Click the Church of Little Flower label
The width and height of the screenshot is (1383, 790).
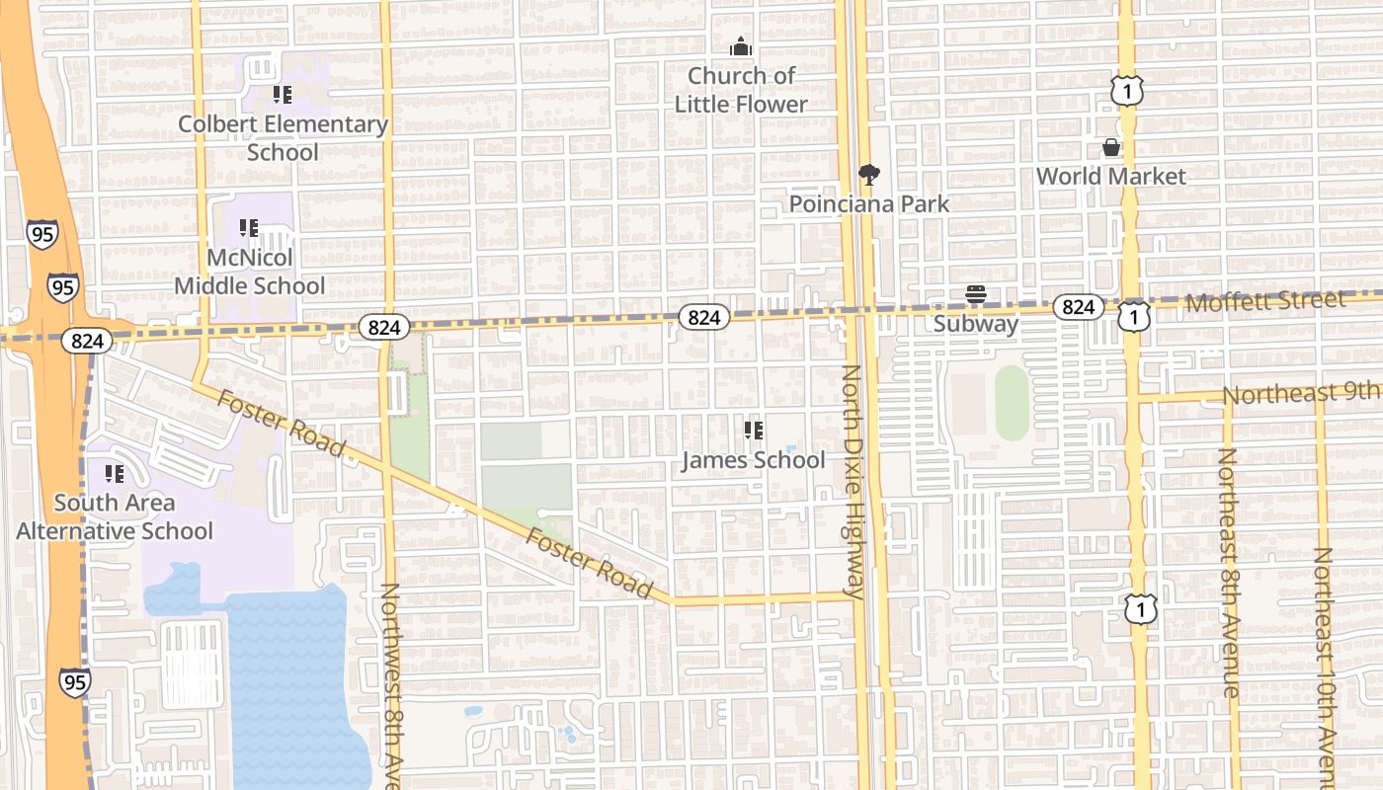(x=741, y=90)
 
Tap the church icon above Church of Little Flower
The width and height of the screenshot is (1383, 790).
(x=740, y=46)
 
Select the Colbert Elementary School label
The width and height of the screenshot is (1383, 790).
(x=283, y=138)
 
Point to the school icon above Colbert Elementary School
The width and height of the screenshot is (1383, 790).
(x=283, y=95)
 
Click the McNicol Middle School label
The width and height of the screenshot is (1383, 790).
(x=250, y=272)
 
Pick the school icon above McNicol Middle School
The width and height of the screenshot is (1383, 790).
(x=249, y=229)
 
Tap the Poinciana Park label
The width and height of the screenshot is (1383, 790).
(x=869, y=204)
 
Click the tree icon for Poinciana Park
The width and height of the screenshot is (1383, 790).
(x=869, y=175)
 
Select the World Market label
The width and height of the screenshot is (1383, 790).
(x=1111, y=177)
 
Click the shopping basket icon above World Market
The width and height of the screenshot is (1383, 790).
(x=1111, y=148)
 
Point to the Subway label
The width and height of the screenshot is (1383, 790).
(x=976, y=324)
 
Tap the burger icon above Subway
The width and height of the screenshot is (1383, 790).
(x=976, y=294)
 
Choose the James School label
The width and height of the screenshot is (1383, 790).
(x=754, y=460)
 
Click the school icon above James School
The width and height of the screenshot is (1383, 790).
(x=754, y=431)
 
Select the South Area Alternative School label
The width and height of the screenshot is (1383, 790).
(x=115, y=516)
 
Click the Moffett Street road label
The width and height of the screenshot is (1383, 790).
(x=1265, y=301)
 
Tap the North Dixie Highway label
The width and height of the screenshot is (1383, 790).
(x=852, y=482)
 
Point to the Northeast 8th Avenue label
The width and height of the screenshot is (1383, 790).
(x=1229, y=573)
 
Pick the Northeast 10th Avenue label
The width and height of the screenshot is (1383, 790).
(x=1324, y=667)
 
